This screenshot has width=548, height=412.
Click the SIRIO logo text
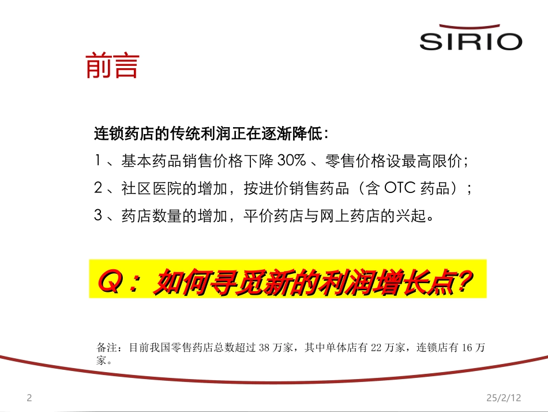[471, 42]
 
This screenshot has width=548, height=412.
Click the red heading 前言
[112, 65]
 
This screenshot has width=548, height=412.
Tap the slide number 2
[29, 398]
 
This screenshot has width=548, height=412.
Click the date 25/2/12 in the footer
[504, 398]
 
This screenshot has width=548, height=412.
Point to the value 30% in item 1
[291, 161]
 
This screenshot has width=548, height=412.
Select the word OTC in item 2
[400, 188]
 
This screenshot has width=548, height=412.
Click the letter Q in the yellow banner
[111, 281]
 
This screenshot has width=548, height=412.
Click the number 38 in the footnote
[264, 348]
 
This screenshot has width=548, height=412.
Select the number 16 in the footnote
[467, 348]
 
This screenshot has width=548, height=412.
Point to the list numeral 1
[97, 160]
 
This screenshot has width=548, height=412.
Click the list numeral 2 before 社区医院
[98, 188]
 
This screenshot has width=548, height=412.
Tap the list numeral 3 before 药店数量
[98, 215]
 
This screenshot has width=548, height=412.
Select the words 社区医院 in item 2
[152, 188]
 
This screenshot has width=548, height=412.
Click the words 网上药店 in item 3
[350, 216]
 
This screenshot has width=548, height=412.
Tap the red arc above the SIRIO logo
[470, 27]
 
